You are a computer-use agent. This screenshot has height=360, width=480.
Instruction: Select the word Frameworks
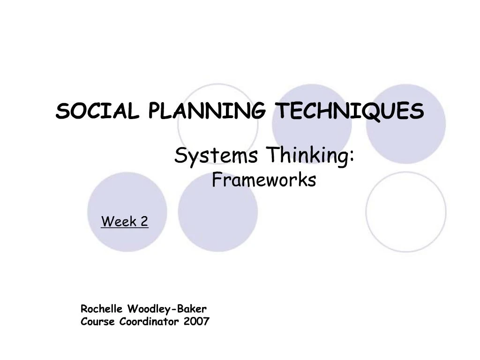pos(264,180)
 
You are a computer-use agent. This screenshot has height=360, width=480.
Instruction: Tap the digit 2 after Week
pos(143,221)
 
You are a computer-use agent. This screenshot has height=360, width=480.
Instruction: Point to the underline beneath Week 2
pos(124,228)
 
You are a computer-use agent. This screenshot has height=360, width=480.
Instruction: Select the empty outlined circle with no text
pos(406,212)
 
